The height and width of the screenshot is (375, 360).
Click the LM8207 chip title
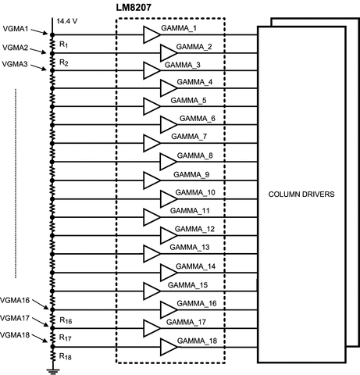pyautogui.click(x=134, y=7)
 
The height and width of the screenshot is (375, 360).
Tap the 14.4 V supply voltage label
pyautogui.click(x=67, y=21)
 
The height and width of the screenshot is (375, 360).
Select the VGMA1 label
pyautogui.click(x=16, y=29)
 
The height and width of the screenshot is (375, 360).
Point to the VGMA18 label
pyautogui.click(x=15, y=335)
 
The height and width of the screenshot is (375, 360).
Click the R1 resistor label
pyautogui.click(x=63, y=45)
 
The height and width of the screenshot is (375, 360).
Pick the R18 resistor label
pyautogui.click(x=66, y=356)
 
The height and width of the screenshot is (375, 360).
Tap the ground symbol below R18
pyautogui.click(x=53, y=372)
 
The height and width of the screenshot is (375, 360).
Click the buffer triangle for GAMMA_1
pyautogui.click(x=151, y=34)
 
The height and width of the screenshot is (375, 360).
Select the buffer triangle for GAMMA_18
pyautogui.click(x=169, y=347)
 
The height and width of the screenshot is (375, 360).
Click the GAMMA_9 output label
pyautogui.click(x=191, y=174)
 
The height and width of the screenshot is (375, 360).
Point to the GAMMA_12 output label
pyautogui.click(x=194, y=229)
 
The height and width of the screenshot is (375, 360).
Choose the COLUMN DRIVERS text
pyautogui.click(x=301, y=195)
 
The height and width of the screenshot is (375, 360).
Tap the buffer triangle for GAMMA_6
pyautogui.click(x=169, y=125)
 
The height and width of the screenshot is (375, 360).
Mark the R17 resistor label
pyautogui.click(x=65, y=337)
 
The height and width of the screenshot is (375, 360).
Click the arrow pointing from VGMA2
pyautogui.click(x=38, y=51)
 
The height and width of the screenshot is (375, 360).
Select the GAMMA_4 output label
pyautogui.click(x=194, y=82)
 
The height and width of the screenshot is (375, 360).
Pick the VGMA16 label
pyautogui.click(x=15, y=300)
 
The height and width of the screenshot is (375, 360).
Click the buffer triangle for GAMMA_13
pyautogui.click(x=151, y=254)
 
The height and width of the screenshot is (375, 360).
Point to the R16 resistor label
pyautogui.click(x=66, y=320)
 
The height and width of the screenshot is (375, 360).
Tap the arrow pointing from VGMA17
pyautogui.click(x=41, y=322)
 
